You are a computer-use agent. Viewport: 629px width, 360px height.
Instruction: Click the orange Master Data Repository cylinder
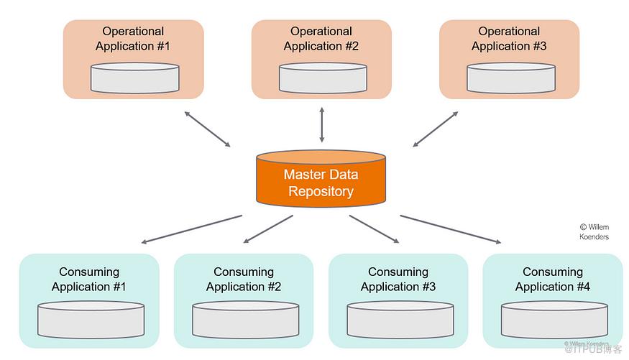[321, 177]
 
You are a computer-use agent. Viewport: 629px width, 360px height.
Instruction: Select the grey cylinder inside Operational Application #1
[134, 78]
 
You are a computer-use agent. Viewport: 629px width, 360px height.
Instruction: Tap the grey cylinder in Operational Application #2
[323, 78]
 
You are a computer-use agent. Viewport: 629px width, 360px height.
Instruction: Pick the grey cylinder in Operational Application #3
[510, 78]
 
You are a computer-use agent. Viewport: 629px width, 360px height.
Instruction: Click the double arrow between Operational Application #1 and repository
[207, 129]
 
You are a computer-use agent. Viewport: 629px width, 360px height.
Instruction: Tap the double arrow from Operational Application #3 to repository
[436, 129]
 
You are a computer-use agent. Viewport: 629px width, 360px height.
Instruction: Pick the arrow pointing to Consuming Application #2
[268, 229]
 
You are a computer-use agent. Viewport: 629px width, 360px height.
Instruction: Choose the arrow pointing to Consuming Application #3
[374, 229]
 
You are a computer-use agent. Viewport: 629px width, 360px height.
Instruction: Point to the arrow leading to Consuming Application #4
[450, 229]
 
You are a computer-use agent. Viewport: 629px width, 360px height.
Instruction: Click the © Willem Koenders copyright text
[594, 231]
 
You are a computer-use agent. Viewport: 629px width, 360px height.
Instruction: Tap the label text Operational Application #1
[133, 39]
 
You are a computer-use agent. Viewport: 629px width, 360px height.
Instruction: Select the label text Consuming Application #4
[553, 280]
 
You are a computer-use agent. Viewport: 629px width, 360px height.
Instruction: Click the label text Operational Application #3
[509, 39]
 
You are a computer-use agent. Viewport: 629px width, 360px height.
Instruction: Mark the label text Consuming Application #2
[244, 280]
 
